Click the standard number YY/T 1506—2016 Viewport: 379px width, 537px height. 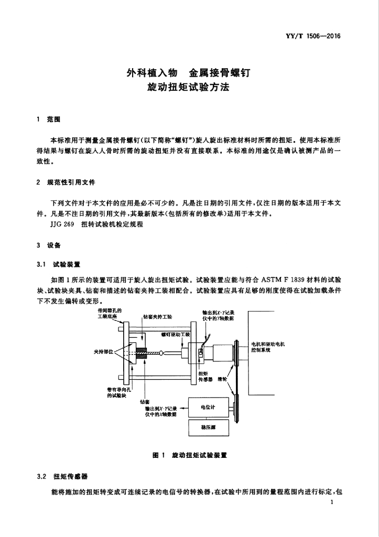tap(313, 36)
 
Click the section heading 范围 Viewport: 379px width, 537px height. tap(54, 120)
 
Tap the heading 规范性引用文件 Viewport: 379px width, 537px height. tap(71, 182)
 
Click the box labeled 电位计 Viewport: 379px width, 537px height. tap(208, 407)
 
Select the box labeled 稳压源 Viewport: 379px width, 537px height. tap(208, 427)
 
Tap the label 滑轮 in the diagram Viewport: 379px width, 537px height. tap(222, 379)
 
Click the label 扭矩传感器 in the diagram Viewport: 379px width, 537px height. tap(205, 377)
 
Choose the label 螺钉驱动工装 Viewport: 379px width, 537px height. tap(175, 334)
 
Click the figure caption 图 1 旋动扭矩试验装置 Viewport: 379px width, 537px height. tap(190, 455)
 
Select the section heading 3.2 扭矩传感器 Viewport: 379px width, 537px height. tap(62, 476)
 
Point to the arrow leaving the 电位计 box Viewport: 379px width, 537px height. tap(184, 407)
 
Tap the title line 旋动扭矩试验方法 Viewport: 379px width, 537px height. tap(188, 88)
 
